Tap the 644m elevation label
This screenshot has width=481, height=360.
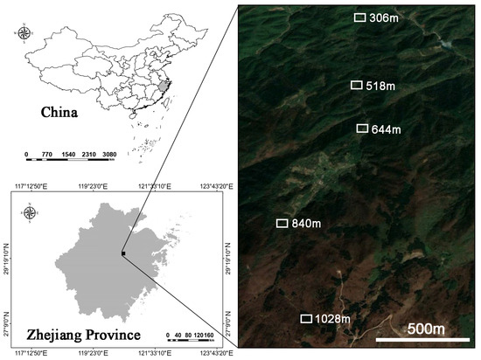point(386,129)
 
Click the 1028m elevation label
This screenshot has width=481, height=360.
point(332,320)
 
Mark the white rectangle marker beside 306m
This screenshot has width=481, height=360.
point(360,17)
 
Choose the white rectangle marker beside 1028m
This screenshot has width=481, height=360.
point(306,319)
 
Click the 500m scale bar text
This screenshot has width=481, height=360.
point(426,329)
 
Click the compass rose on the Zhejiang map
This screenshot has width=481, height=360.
point(31,213)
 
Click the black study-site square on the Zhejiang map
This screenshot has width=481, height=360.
point(124,253)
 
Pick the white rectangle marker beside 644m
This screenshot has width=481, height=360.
point(361,128)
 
